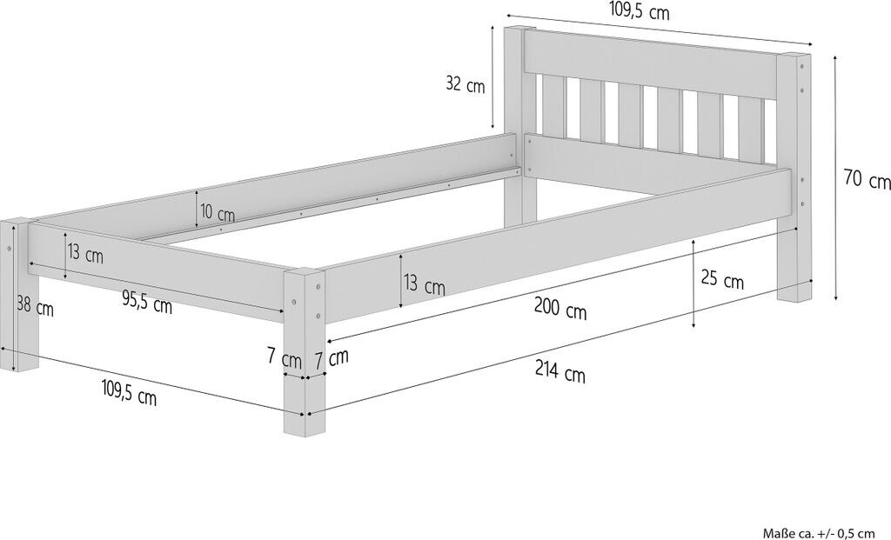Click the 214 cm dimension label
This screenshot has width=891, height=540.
(560, 374)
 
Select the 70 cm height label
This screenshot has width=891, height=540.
(867, 181)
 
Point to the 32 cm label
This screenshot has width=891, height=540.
(465, 84)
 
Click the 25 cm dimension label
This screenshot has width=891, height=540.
(722, 281)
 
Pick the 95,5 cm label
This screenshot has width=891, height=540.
(146, 303)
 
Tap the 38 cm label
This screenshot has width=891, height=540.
(34, 307)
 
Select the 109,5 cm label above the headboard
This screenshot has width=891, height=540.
(639, 11)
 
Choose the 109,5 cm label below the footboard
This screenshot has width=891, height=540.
(127, 397)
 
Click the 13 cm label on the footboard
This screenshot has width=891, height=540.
(85, 256)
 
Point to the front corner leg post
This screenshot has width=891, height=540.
(304, 348)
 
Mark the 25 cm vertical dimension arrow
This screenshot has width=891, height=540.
(693, 283)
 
